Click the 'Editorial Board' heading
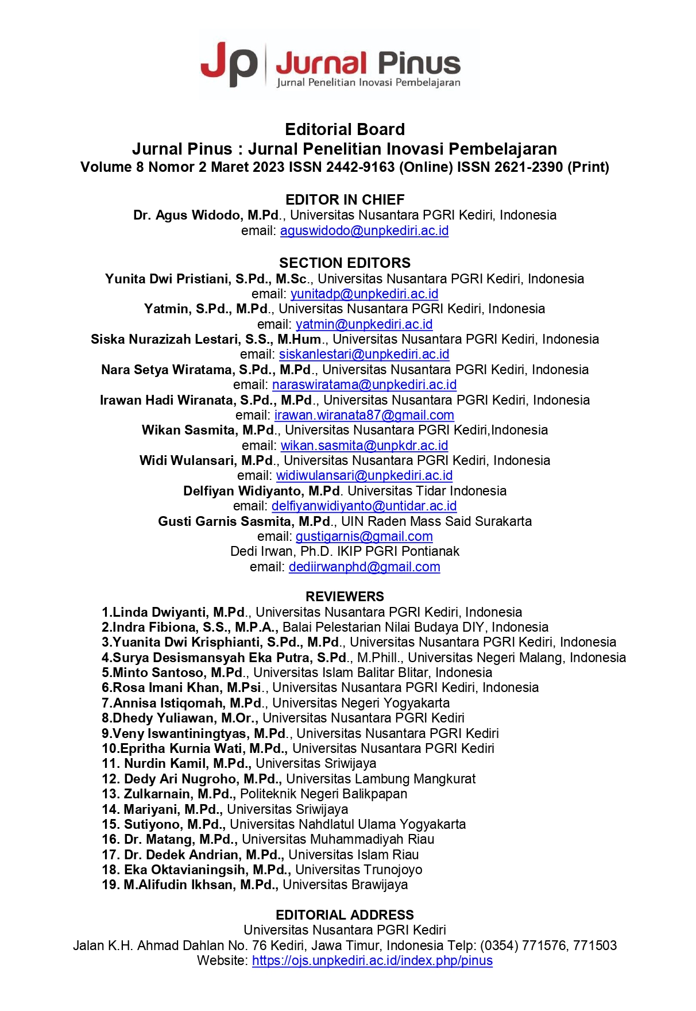tap(345, 129)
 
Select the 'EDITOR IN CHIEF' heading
tap(345, 199)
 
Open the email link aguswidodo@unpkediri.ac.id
tap(364, 230)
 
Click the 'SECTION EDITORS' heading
tap(345, 263)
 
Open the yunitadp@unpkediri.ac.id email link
tap(364, 294)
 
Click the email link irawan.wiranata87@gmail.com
tap(364, 415)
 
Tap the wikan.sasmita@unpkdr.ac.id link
tap(364, 445)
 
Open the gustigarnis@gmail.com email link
tap(364, 536)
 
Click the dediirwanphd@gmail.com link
tap(364, 567)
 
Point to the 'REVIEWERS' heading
tap(345, 597)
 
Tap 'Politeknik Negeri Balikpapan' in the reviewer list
tap(323, 794)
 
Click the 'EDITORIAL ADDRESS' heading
tap(345, 915)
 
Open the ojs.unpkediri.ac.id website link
tap(372, 960)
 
